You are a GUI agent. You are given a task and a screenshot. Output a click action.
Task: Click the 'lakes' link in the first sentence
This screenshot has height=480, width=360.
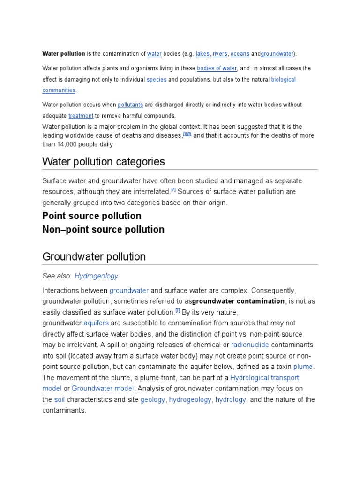pos(202,54)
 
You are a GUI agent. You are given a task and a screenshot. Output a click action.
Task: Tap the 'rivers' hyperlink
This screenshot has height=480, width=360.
pos(220,54)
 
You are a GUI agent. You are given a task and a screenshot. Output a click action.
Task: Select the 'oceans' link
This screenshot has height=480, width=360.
pos(240,54)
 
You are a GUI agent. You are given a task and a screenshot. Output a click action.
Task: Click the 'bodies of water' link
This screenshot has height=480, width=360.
pos(217,68)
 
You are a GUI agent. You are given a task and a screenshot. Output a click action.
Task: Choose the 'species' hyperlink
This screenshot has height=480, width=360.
pos(157,80)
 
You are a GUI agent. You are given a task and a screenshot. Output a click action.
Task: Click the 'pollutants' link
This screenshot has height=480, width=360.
pos(130,105)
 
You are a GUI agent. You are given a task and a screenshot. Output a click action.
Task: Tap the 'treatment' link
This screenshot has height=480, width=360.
pos(81,116)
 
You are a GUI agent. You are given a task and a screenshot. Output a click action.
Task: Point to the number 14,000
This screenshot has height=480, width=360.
pos(67,144)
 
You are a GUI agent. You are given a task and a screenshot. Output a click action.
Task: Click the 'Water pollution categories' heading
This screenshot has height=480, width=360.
pos(104,162)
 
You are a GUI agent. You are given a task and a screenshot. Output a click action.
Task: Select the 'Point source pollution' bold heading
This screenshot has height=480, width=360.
pos(92,216)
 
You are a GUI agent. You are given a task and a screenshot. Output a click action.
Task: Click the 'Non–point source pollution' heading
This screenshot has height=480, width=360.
pos(103,230)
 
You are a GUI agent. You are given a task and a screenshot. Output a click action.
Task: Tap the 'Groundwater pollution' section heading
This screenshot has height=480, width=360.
pos(94,257)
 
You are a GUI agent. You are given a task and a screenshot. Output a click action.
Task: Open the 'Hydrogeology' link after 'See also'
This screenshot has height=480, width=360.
pos(96,276)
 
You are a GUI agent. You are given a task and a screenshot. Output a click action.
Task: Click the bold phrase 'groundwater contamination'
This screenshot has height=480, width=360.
pos(238,301)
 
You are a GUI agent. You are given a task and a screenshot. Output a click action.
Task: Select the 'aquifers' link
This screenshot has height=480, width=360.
pos(96,323)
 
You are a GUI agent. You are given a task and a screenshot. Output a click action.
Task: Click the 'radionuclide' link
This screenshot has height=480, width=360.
pos(250,345)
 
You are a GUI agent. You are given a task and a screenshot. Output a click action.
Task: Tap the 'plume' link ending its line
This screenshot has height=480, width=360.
pos(303,367)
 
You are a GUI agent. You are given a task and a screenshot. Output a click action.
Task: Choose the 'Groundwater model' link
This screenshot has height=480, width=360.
pos(103,389)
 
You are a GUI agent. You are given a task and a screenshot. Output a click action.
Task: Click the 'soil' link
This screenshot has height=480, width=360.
pos(59,400)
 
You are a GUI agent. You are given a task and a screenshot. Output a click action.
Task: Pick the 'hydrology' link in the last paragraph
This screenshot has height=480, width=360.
pos(231,400)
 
